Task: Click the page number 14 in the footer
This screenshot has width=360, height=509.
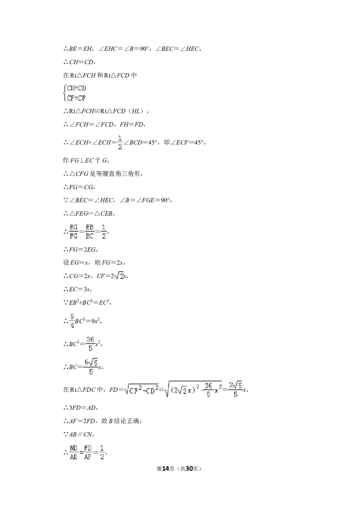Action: (166, 469)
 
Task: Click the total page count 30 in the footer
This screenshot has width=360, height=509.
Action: (189, 469)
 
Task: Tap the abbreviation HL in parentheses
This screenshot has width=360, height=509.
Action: (136, 111)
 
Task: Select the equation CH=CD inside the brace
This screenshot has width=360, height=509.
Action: (76, 88)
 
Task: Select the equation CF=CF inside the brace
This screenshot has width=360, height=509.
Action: (76, 98)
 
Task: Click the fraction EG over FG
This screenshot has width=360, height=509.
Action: (74, 232)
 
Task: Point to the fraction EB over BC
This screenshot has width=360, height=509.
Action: (90, 232)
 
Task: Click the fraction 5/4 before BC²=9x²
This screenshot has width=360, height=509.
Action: (72, 321)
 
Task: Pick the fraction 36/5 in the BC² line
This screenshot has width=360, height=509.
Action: (90, 344)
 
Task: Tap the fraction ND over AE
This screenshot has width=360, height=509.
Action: (74, 452)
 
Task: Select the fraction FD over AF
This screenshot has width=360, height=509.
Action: (88, 452)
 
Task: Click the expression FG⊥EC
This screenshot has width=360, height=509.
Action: (82, 160)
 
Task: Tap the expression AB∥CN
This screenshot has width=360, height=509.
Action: (81, 434)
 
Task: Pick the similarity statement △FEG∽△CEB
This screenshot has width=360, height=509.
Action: (92, 213)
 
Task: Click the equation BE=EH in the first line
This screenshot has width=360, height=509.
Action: (81, 49)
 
